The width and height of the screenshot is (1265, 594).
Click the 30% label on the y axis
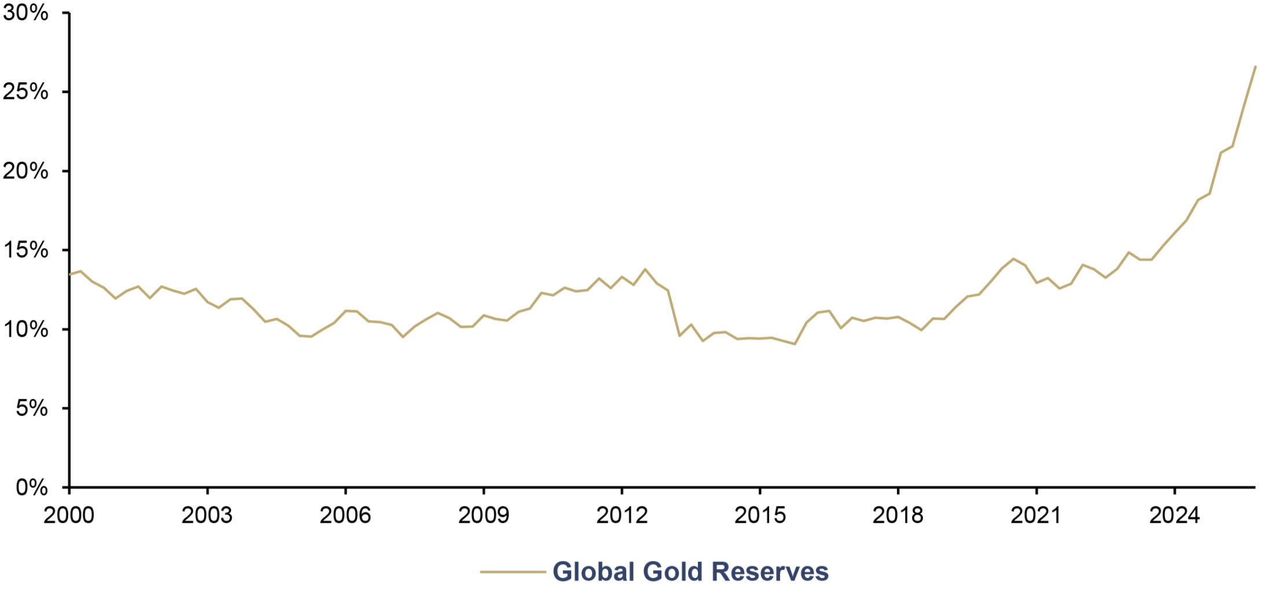click(25, 13)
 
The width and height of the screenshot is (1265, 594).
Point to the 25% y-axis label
click(25, 91)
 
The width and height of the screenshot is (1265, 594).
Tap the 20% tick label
click(25, 171)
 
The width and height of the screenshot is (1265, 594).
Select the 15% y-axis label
click(25, 250)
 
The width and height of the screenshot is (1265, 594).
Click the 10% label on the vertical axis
click(25, 329)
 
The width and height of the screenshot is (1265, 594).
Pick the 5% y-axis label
click(32, 408)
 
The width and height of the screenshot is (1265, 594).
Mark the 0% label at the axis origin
click(32, 487)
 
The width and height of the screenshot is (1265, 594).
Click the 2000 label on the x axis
click(69, 515)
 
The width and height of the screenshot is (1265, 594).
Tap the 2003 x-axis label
click(207, 515)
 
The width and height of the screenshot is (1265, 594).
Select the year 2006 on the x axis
click(345, 515)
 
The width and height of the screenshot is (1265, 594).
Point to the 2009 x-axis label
click(484, 515)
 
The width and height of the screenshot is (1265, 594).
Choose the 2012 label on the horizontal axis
click(622, 515)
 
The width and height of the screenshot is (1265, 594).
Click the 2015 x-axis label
click(760, 515)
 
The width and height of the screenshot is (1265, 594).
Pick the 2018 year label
click(898, 515)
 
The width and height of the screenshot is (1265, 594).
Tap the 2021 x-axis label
click(1036, 515)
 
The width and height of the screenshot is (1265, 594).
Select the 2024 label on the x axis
click(1175, 515)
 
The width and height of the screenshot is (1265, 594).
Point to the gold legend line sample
click(513, 572)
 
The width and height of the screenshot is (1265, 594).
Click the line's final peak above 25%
click(1255, 67)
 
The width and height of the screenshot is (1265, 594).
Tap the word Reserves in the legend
click(770, 571)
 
